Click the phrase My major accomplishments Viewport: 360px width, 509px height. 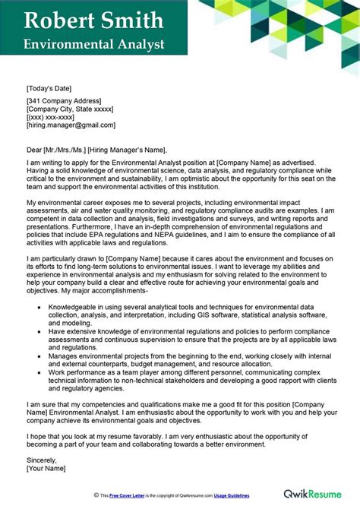tap(98, 291)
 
